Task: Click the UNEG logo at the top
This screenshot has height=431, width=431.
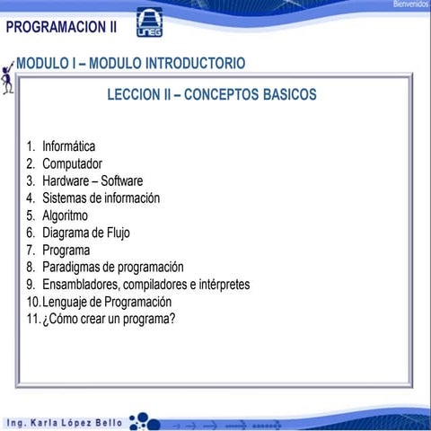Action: tap(149, 23)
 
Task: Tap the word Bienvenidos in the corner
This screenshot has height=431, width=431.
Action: tap(410, 4)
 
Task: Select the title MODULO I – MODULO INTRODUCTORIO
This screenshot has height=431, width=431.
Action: tap(130, 64)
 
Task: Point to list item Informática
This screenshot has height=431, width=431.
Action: tap(68, 146)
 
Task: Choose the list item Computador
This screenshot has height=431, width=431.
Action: tap(72, 163)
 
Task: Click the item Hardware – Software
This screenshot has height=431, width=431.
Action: tap(92, 180)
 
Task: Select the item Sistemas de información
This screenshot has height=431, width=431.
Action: tap(101, 198)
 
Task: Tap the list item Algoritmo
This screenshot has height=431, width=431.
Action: tap(65, 215)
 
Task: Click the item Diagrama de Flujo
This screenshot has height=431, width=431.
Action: tap(85, 233)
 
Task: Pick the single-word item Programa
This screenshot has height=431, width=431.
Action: tap(66, 250)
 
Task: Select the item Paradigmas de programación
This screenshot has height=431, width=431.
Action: tap(112, 267)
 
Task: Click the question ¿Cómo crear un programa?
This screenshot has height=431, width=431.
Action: tap(108, 319)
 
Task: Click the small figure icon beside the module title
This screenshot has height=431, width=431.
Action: tap(8, 78)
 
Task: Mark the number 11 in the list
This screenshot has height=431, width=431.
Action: tap(32, 319)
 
